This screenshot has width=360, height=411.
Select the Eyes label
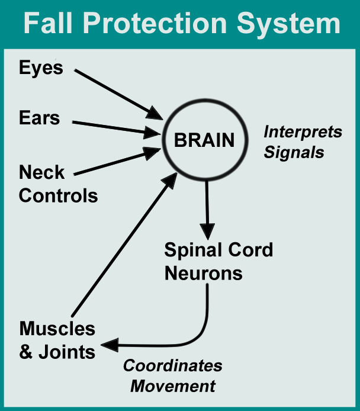point(41,68)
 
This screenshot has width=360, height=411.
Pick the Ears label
point(40,118)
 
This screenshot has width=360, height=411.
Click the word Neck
point(42,173)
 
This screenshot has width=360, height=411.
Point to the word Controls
point(59,195)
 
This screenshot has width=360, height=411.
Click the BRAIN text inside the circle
point(204,141)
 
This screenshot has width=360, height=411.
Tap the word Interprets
point(303,131)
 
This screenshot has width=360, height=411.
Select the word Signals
point(294,152)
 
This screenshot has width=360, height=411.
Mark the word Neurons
point(204,274)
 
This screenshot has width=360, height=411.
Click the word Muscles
point(57,329)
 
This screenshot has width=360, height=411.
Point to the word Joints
point(67,352)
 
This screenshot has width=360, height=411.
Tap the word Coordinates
point(172,365)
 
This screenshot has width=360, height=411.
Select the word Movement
point(173,387)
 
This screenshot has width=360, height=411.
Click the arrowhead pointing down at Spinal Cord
point(207,230)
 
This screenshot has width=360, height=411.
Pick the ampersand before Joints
point(27,352)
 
